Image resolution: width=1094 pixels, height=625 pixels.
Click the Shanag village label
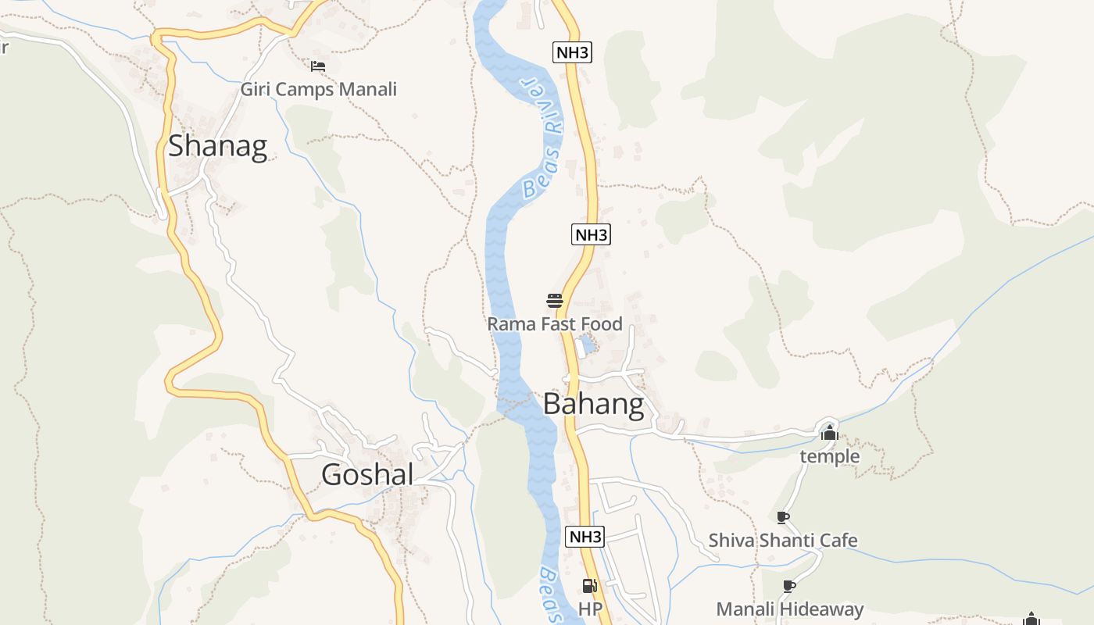217,146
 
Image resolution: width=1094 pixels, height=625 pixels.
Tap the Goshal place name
366,474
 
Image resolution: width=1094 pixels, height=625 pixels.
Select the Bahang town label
593,404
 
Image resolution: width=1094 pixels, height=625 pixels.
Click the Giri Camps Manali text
318,89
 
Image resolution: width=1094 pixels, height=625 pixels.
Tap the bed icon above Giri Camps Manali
317,66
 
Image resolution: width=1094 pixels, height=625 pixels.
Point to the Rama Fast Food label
555,323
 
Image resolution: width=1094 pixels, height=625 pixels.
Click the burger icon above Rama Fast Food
555,301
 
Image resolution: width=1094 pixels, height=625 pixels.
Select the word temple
829,456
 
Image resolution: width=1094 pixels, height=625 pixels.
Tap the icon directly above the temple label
829,432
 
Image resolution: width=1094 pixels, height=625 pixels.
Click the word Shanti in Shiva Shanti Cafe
784,541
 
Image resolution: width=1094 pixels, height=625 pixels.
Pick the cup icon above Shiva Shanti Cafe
783,517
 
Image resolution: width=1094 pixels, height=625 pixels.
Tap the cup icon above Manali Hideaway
789,586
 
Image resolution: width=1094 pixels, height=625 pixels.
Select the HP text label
590,609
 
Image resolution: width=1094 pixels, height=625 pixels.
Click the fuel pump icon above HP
590,586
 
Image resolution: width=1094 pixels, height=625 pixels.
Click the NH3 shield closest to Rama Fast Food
591,234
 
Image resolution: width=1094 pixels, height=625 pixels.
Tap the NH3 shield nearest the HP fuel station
585,537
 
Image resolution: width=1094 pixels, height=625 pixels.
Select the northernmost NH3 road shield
572,53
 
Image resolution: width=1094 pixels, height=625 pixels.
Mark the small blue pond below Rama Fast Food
585,346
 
